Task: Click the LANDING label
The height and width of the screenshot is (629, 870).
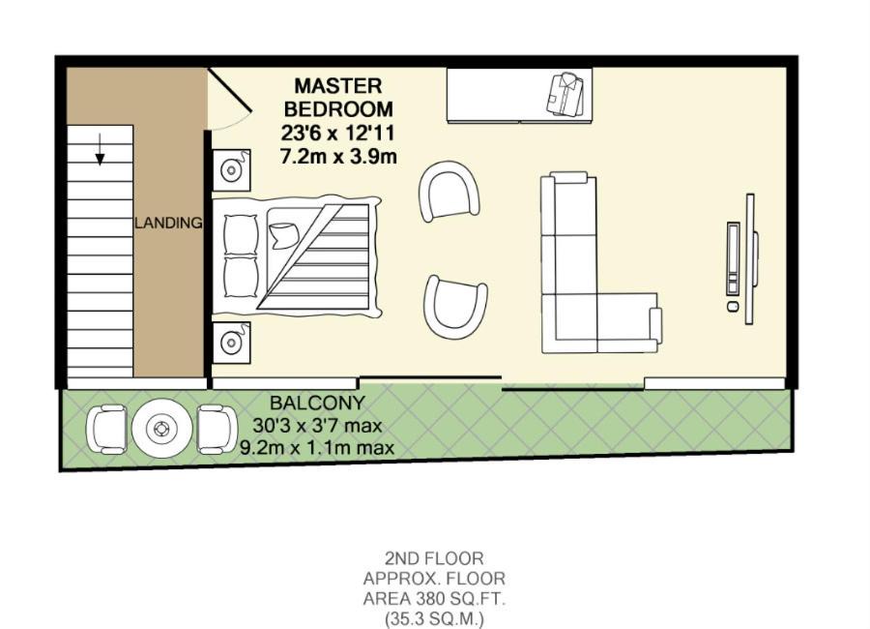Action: coord(168,223)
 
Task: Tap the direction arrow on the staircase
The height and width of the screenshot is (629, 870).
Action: coord(100,149)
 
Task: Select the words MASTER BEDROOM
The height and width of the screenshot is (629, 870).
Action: coord(338,97)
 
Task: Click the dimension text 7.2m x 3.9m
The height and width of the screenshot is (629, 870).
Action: coord(338,157)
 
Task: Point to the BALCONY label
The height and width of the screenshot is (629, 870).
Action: coord(317,403)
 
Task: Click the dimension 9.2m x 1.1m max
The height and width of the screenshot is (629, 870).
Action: coord(317,447)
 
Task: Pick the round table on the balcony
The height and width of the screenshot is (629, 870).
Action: coord(162,429)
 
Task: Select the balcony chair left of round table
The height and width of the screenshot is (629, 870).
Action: coord(106,429)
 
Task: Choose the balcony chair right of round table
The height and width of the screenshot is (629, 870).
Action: coord(217,429)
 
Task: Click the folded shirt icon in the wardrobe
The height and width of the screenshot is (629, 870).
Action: coord(565,95)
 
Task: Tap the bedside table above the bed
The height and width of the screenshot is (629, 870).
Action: coord(231,170)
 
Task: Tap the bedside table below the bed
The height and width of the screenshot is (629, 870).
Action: coord(231,343)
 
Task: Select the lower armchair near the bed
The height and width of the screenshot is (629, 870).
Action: coord(455,307)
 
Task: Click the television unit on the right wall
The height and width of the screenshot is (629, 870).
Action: coord(742,259)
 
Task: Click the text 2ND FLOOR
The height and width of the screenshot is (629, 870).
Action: coord(434,558)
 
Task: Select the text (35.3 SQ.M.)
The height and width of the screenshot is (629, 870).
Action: coord(434,618)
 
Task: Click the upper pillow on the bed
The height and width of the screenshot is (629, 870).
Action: coord(241,234)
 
